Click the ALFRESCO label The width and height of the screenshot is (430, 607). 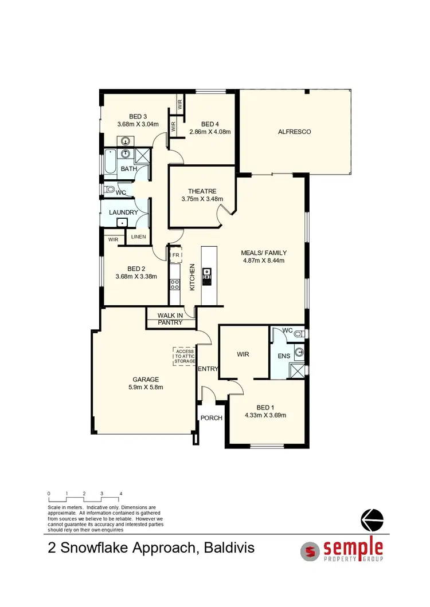click(x=294, y=132)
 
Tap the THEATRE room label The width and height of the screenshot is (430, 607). click(x=202, y=191)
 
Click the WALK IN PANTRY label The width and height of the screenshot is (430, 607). click(x=170, y=318)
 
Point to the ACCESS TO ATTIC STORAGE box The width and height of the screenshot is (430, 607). click(x=185, y=356)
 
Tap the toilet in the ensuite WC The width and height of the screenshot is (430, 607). click(x=302, y=333)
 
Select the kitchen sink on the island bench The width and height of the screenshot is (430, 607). click(x=207, y=273)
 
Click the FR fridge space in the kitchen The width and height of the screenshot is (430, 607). click(x=176, y=254)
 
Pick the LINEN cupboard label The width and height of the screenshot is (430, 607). click(x=138, y=237)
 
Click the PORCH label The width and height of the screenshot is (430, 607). click(x=211, y=418)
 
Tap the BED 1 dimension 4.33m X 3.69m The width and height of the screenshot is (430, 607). click(x=264, y=416)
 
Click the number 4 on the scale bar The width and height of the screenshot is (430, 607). click(x=120, y=493)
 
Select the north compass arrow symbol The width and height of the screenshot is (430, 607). click(x=372, y=520)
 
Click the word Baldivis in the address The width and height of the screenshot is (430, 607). click(x=227, y=548)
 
